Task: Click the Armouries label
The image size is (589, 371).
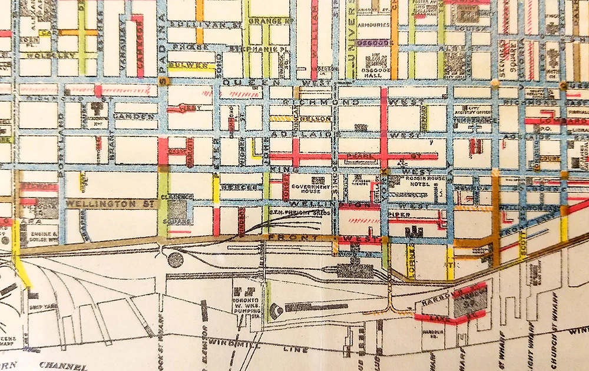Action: [x=375, y=26]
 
